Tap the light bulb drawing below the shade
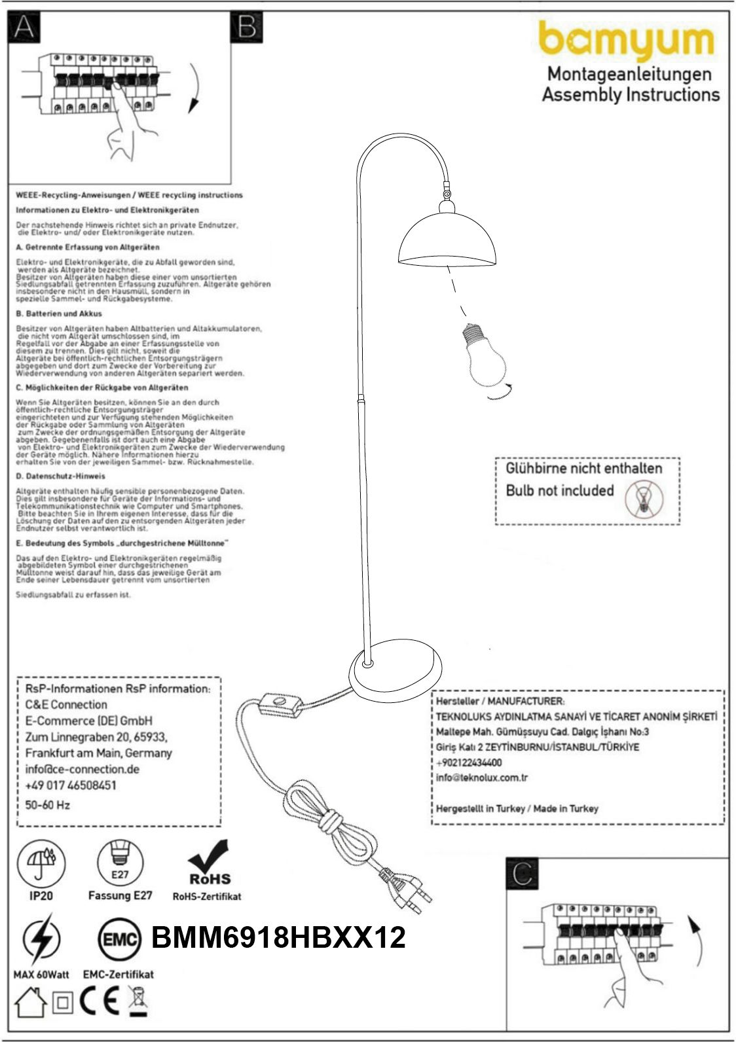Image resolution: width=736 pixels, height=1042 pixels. pyautogui.click(x=484, y=353)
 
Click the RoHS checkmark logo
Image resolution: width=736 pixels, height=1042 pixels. pyautogui.click(x=209, y=864)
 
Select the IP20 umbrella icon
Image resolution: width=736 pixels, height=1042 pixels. pyautogui.click(x=41, y=862)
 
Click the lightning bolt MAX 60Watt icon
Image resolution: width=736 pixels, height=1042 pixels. pyautogui.click(x=41, y=941)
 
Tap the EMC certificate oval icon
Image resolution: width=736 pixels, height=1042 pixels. pyautogui.click(x=120, y=941)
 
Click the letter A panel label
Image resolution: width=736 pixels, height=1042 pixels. pyautogui.click(x=24, y=27)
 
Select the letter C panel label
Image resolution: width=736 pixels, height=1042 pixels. pyautogui.click(x=523, y=872)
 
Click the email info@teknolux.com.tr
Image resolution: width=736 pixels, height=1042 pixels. pyautogui.click(x=482, y=778)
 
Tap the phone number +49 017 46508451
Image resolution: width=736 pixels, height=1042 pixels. pyautogui.click(x=71, y=785)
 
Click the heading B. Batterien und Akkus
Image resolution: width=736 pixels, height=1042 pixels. pyautogui.click(x=59, y=314)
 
